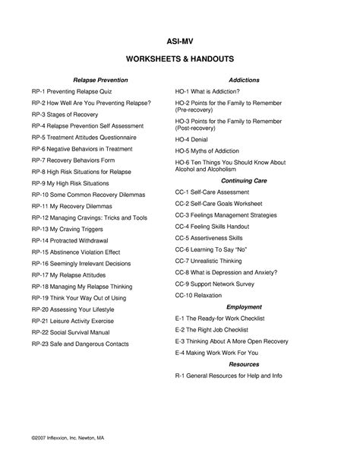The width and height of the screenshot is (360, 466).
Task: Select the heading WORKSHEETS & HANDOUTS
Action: (x=180, y=59)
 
